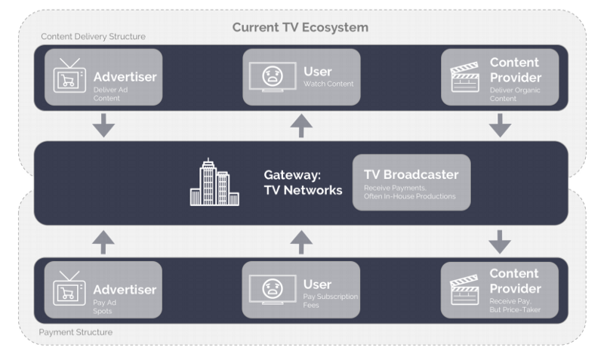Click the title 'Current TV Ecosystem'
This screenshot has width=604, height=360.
[300, 28]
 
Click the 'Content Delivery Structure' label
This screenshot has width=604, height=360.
[93, 36]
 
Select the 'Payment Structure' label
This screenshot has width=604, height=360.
[75, 331]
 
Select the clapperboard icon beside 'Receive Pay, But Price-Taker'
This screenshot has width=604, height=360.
[465, 290]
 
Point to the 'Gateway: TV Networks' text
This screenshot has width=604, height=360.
[302, 182]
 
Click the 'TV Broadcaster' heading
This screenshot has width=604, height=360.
[411, 174]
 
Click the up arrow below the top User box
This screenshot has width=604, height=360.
[301, 126]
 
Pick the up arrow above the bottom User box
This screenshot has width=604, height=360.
[301, 242]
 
